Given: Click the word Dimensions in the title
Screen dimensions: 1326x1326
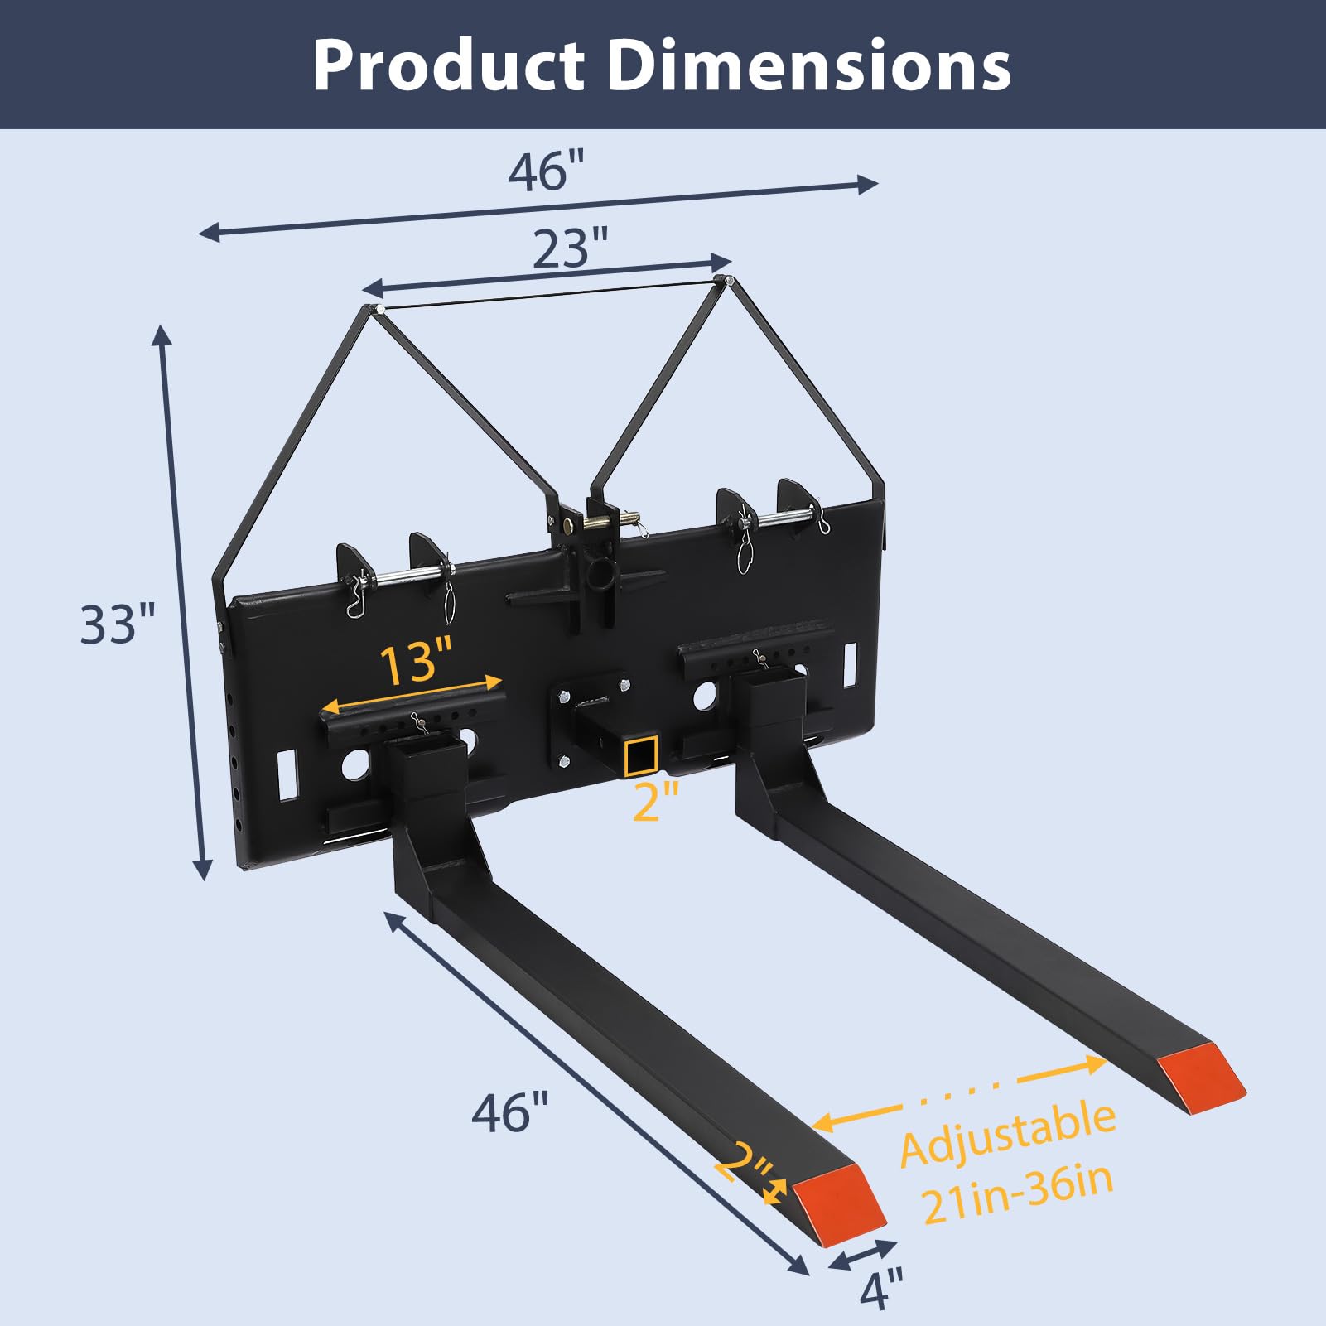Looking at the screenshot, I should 809,66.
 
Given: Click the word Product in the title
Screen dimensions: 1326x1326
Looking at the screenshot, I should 447,66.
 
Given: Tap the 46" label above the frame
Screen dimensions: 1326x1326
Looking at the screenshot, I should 547,171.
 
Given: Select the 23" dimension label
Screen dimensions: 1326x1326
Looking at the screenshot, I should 570,248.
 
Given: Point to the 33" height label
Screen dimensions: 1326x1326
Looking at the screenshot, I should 118,624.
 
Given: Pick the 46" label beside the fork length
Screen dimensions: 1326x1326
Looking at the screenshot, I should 510,1112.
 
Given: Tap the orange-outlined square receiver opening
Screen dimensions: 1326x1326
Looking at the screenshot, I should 642,755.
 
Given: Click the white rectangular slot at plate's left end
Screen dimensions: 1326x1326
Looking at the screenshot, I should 287,774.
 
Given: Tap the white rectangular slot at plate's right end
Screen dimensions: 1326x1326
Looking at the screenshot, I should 850,664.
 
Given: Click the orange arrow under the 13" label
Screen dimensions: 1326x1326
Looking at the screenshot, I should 412,694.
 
